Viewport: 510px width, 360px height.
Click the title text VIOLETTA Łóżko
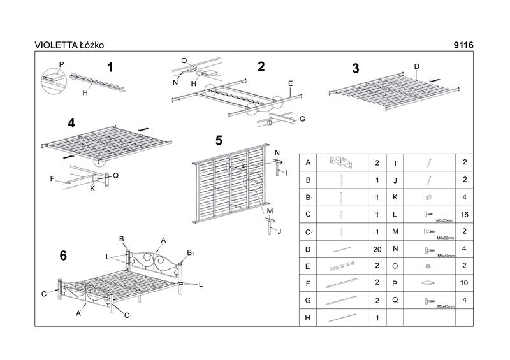69,45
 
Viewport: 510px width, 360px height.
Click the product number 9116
462,45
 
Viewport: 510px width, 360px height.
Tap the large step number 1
110,66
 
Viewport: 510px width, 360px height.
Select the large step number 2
261,66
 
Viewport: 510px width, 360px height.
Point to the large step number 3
356,69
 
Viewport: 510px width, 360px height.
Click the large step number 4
71,123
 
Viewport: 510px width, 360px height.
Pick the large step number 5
219,140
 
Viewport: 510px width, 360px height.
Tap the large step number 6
63,256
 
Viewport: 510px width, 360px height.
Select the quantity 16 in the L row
464,215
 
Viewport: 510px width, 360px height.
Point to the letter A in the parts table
309,163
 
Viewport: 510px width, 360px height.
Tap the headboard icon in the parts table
344,163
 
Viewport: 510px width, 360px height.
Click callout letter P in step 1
62,64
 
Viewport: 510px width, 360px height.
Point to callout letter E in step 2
290,83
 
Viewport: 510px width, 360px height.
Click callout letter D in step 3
416,66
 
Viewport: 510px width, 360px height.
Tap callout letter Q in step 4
115,175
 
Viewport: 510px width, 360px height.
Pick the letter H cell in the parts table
309,317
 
